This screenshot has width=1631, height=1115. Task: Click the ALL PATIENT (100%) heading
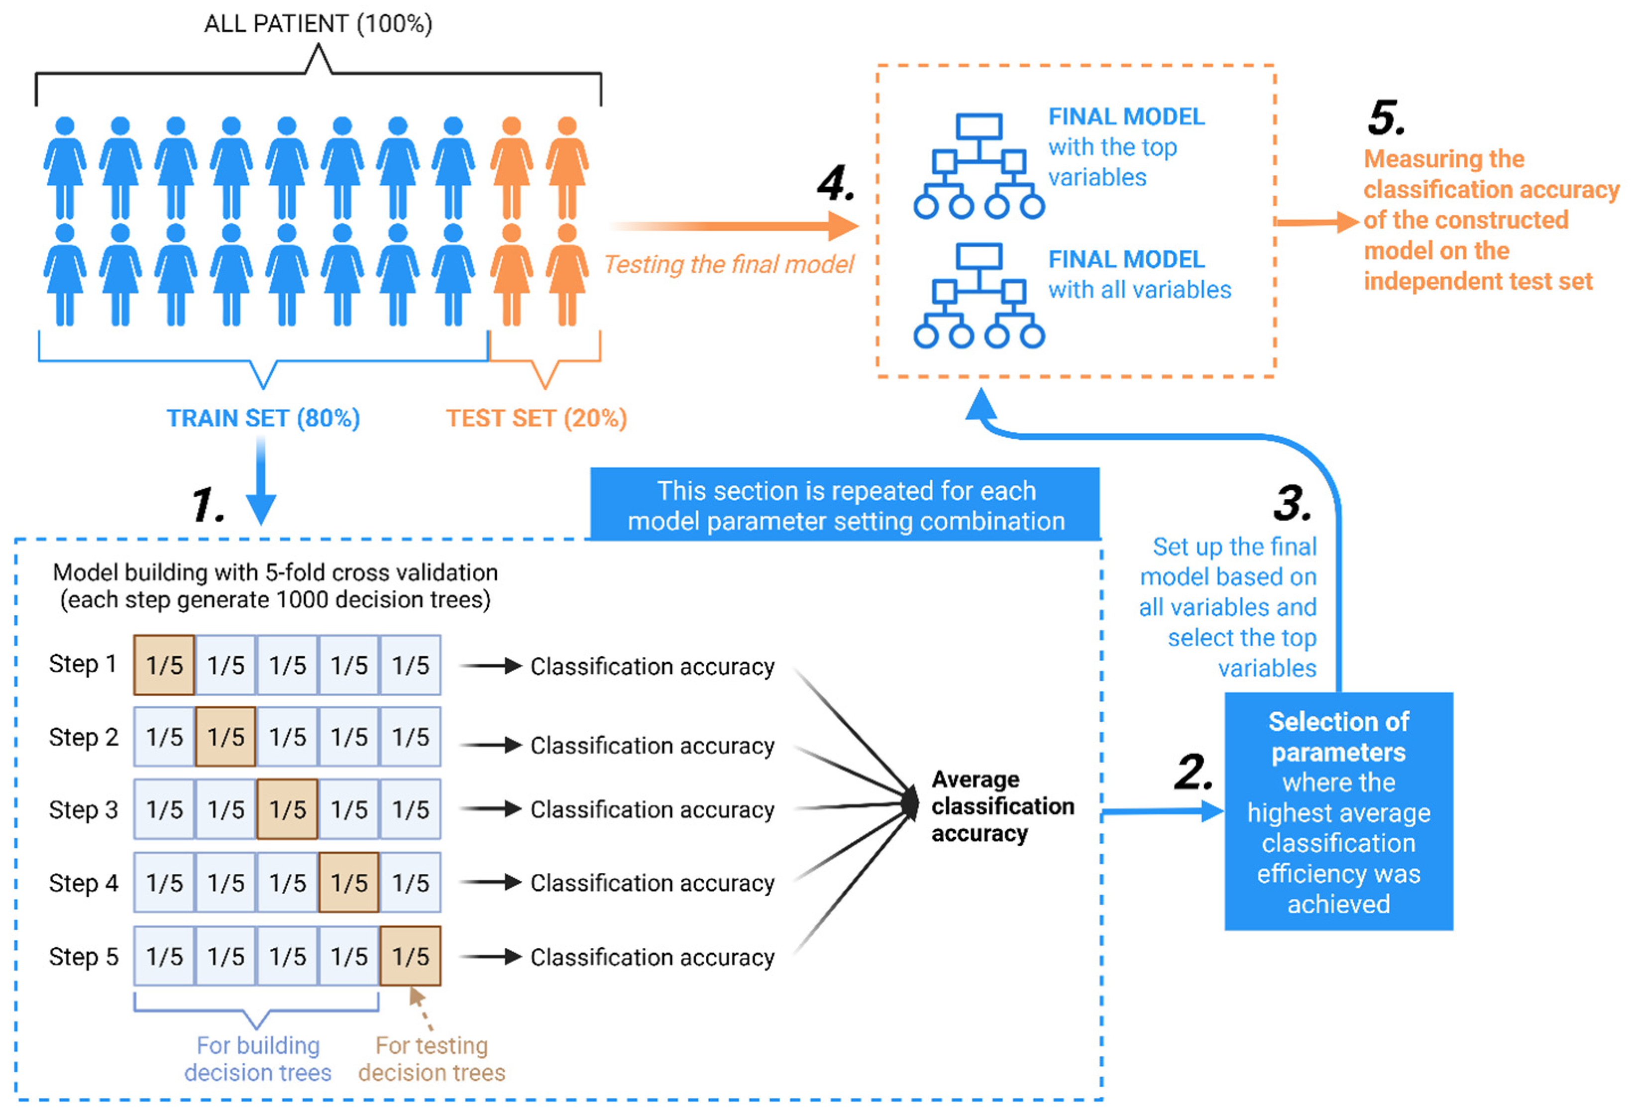tap(318, 24)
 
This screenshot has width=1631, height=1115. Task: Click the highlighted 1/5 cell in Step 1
tap(164, 665)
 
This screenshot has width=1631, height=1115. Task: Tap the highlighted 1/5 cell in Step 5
tap(411, 956)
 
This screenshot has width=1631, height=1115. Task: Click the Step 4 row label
tap(83, 883)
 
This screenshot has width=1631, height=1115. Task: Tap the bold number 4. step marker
tap(836, 184)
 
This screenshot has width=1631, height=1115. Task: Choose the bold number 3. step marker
tap(1292, 503)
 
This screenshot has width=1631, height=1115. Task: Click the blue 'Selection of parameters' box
tap(1338, 811)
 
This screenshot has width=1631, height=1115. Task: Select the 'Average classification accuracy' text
tap(1001, 806)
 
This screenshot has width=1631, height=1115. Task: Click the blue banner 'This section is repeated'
tap(845, 505)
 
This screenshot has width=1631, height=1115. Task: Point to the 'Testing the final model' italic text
tap(729, 264)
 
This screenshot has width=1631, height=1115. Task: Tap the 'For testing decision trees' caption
tap(432, 1059)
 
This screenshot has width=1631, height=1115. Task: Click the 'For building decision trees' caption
tap(257, 1059)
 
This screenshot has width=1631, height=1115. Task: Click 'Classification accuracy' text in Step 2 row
tap(652, 745)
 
